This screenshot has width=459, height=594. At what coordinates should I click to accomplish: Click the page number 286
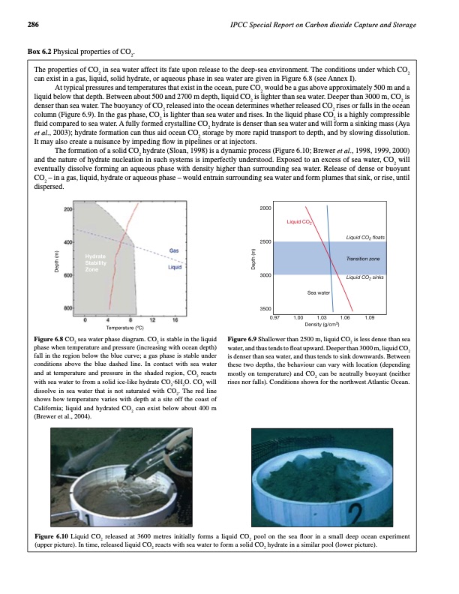(x=33, y=25)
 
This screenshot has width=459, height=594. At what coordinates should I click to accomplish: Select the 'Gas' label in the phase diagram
(x=173, y=249)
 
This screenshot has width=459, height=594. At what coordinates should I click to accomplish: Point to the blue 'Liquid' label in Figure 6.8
(x=176, y=267)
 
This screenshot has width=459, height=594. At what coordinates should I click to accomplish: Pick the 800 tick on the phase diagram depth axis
(x=67, y=308)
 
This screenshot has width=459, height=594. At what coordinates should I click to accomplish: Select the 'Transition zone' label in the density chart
(x=363, y=258)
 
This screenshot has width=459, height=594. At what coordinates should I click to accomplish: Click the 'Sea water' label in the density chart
(x=320, y=292)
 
